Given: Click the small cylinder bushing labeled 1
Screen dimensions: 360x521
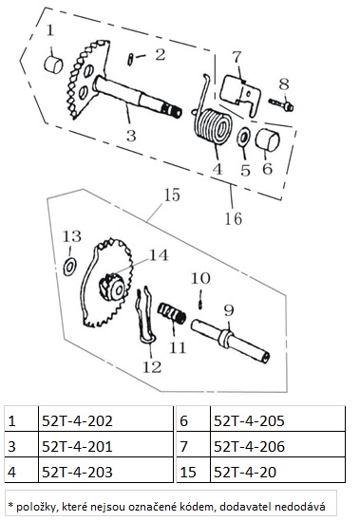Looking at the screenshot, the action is pyautogui.click(x=53, y=65).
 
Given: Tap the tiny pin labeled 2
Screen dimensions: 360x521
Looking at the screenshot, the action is pyautogui.click(x=130, y=59).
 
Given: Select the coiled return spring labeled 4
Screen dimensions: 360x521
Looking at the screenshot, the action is pyautogui.click(x=212, y=121).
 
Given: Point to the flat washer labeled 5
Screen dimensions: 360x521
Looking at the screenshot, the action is pyautogui.click(x=243, y=138).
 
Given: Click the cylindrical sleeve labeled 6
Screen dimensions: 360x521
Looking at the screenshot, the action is pyautogui.click(x=268, y=140).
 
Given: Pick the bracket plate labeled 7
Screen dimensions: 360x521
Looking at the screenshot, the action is pyautogui.click(x=240, y=95).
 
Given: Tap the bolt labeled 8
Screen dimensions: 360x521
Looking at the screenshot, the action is pyautogui.click(x=281, y=104).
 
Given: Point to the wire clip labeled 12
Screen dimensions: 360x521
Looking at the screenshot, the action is pyautogui.click(x=145, y=316).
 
